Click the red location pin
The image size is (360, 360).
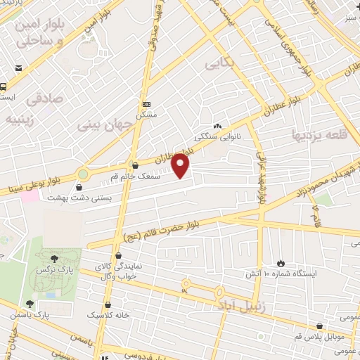(181, 166)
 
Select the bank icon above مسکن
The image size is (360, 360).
(146, 103)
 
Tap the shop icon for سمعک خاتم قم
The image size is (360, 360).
(134, 165)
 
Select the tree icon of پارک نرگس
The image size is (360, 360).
(54, 259)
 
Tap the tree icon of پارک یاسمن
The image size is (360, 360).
(30, 304)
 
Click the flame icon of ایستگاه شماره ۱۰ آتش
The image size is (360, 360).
(282, 261)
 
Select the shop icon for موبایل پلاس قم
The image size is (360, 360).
(320, 327)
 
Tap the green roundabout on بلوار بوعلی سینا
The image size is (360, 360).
(84, 173)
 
